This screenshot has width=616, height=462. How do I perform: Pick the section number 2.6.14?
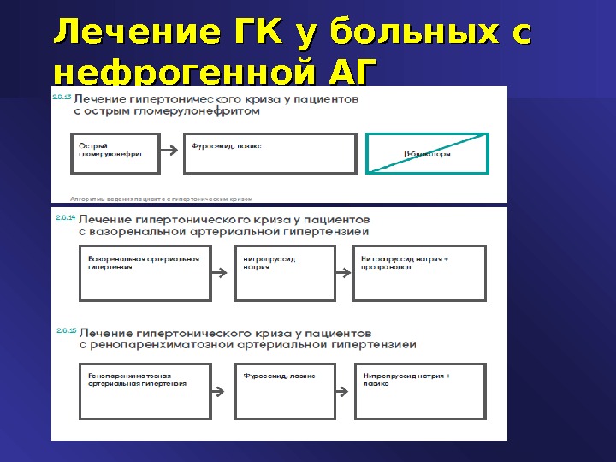(x=65, y=219)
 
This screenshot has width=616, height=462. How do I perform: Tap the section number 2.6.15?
(x=65, y=330)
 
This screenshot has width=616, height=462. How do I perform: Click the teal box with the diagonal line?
(x=427, y=153)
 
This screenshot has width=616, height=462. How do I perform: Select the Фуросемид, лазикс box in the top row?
(x=269, y=153)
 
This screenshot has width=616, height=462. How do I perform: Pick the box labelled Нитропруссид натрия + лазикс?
(x=419, y=391)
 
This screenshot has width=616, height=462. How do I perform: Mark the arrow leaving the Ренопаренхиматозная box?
(x=222, y=392)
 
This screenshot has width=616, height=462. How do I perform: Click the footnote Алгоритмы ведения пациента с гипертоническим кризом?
(x=162, y=198)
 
